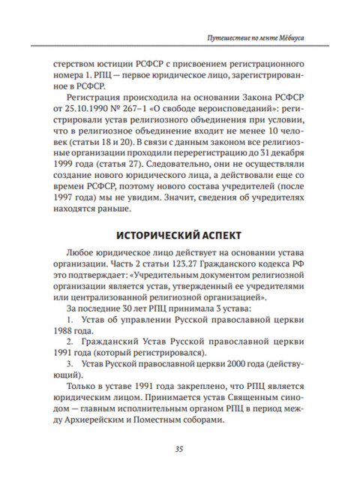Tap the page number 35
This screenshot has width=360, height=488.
tap(179, 450)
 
